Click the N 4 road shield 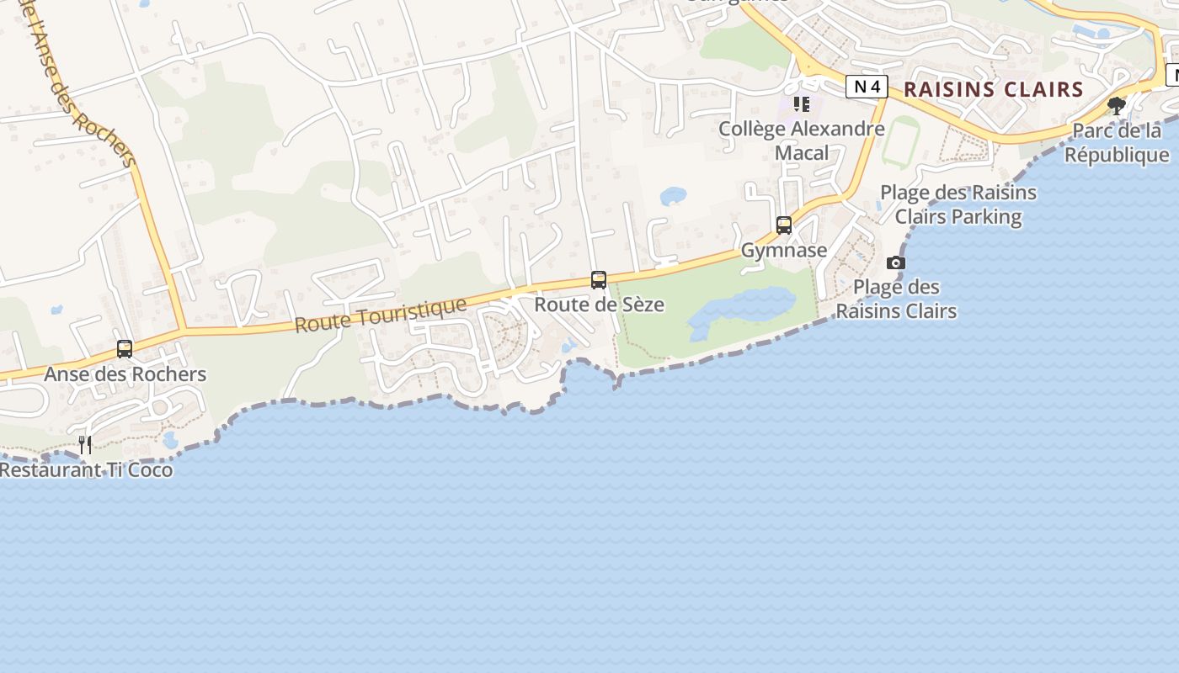(x=867, y=86)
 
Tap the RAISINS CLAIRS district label (x=993, y=89)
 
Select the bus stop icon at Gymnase (x=784, y=225)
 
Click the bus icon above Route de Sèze (x=599, y=280)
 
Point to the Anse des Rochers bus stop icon (x=125, y=349)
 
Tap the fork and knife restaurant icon (x=85, y=444)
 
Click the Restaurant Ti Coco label (x=86, y=470)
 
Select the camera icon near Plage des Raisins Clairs (x=896, y=262)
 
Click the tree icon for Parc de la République (x=1117, y=106)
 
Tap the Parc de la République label (x=1117, y=143)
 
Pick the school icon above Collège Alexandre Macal (x=802, y=104)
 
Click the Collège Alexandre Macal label (x=802, y=140)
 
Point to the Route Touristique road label (x=381, y=314)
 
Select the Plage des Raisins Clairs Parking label (x=958, y=204)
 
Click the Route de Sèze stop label (x=600, y=305)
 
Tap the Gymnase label (x=784, y=251)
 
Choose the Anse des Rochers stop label (x=125, y=374)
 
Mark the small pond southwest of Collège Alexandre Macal (x=673, y=196)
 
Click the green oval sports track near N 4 (x=900, y=143)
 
